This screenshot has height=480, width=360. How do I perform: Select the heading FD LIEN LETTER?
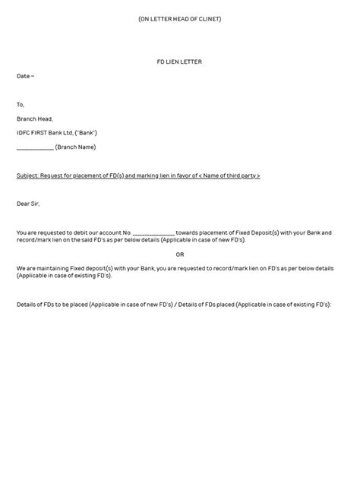click(x=180, y=62)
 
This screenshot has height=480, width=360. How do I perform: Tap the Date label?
click(x=24, y=76)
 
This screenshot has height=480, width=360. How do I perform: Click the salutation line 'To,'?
click(x=21, y=105)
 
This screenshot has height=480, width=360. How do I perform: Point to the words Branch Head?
click(x=35, y=118)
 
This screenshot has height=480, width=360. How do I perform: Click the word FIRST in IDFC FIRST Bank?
click(x=44, y=133)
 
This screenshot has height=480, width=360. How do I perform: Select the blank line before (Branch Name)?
click(x=35, y=147)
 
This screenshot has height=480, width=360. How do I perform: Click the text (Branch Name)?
click(x=76, y=147)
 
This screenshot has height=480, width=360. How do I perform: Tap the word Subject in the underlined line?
click(x=29, y=175)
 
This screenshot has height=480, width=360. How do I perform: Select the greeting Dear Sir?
click(x=28, y=204)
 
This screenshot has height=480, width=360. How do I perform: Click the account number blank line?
click(x=153, y=232)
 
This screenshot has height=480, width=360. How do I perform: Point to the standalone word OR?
click(x=180, y=254)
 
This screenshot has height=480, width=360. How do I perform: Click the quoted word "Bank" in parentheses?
click(x=86, y=133)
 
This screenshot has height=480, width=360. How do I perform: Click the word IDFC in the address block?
click(x=24, y=133)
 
